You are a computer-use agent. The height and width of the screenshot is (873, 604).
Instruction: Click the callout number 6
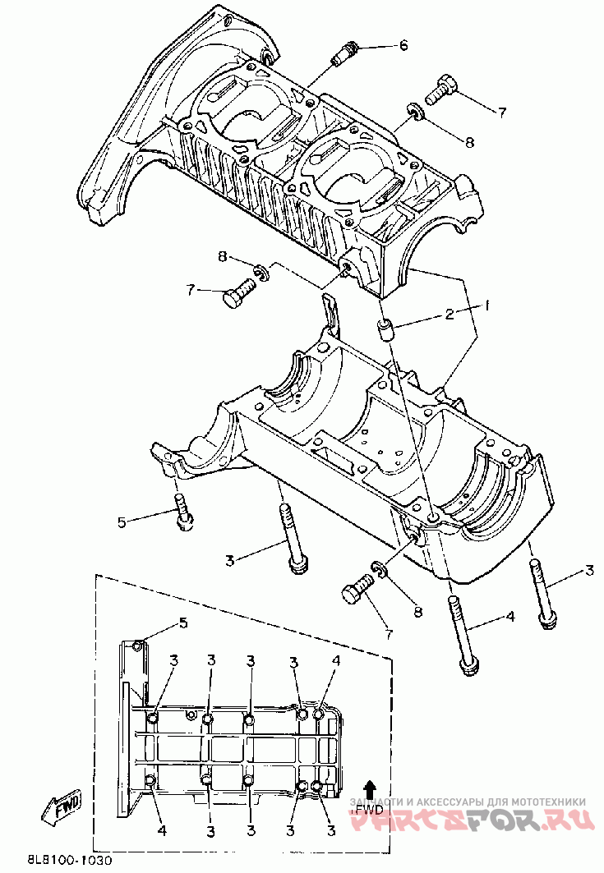403,45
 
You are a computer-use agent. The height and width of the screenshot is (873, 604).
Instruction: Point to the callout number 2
450,313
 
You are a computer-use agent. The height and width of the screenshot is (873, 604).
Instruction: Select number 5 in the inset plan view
183,623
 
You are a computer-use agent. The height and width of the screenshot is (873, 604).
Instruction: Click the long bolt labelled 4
462,632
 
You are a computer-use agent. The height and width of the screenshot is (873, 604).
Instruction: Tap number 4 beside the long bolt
510,616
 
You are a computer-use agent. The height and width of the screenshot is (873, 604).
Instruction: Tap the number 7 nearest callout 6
500,111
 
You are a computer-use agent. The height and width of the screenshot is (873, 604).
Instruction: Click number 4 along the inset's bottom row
162,831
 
